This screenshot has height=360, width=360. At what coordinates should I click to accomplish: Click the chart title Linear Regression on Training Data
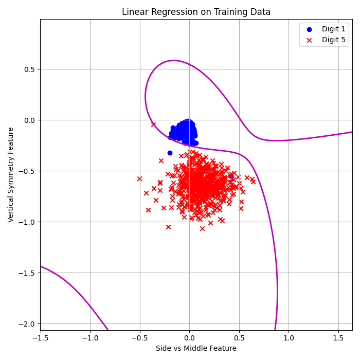[x=196, y=12]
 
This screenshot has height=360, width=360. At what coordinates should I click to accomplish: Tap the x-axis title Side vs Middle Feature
[x=196, y=348]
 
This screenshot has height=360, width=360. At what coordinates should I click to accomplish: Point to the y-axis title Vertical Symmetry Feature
[x=11, y=174]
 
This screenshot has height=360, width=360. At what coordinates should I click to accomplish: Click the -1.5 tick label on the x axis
[x=40, y=338]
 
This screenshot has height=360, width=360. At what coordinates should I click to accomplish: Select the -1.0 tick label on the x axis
[x=90, y=338]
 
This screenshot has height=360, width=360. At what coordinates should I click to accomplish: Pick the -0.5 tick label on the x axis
[x=139, y=338]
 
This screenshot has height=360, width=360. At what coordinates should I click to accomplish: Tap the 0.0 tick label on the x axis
[x=189, y=338]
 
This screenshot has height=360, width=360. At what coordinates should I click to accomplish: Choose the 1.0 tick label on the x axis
[x=289, y=338]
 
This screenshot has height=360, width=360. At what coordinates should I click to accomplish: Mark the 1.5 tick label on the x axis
[x=338, y=338]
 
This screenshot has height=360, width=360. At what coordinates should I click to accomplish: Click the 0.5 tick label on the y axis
[x=30, y=69]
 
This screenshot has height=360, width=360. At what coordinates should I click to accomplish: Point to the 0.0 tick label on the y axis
[x=30, y=120]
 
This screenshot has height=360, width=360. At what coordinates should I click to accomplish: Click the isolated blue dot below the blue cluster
[x=170, y=153]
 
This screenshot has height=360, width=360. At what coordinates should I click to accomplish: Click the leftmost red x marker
[x=139, y=178]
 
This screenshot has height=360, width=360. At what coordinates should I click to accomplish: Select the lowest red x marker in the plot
[x=202, y=228]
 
